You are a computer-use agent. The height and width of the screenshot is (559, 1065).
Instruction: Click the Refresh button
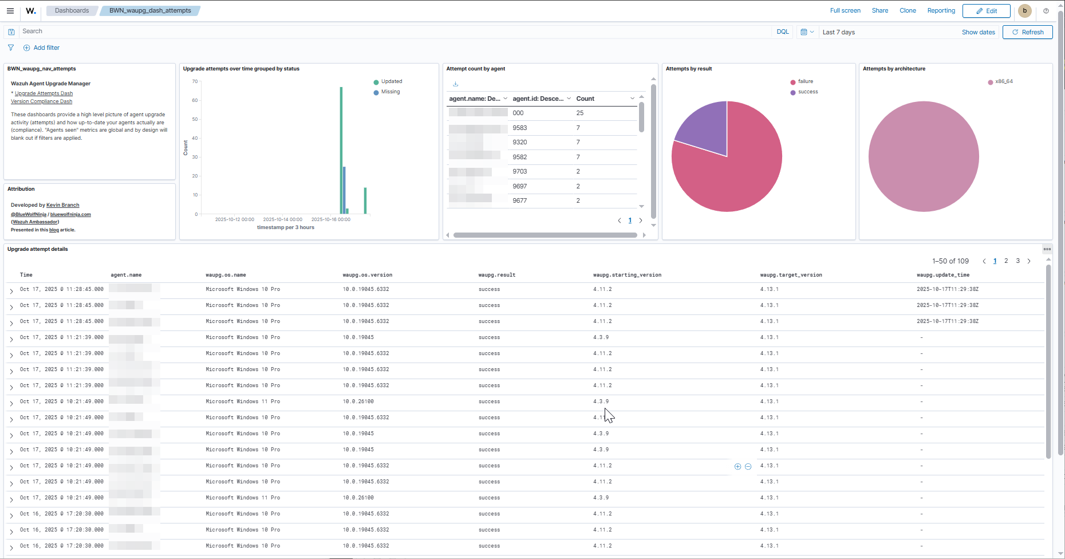pyautogui.click(x=1028, y=32)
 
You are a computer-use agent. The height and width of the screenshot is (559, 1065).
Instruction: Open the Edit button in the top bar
pyautogui.click(x=987, y=11)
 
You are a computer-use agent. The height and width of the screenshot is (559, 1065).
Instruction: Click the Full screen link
pyautogui.click(x=845, y=10)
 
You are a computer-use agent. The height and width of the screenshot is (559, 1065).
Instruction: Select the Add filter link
pyautogui.click(x=46, y=48)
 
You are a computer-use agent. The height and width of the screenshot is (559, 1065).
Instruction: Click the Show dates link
pyautogui.click(x=978, y=32)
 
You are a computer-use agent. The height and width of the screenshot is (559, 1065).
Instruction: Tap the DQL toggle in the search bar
pyautogui.click(x=782, y=32)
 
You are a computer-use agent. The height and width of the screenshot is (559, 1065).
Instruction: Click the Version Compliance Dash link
pyautogui.click(x=41, y=101)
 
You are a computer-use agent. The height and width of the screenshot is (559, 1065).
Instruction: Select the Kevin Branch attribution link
pyautogui.click(x=62, y=205)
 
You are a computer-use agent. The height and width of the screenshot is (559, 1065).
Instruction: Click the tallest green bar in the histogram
pyautogui.click(x=341, y=149)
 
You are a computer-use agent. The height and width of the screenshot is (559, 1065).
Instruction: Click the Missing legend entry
pyautogui.click(x=391, y=92)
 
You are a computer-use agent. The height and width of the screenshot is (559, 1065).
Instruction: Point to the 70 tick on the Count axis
pyautogui.click(x=195, y=81)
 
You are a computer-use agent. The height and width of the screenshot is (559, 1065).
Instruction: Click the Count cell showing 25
pyautogui.click(x=580, y=113)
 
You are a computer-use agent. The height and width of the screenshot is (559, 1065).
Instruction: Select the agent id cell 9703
pyautogui.click(x=520, y=171)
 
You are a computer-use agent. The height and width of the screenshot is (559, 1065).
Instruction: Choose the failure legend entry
pyautogui.click(x=805, y=81)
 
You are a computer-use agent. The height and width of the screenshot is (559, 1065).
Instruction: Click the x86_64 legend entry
pyautogui.click(x=1004, y=81)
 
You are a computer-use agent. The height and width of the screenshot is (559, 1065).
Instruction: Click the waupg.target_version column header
pyautogui.click(x=791, y=275)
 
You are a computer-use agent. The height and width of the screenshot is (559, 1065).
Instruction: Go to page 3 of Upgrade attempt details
pyautogui.click(x=1017, y=261)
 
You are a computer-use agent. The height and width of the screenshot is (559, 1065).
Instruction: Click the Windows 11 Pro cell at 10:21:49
pyautogui.click(x=243, y=401)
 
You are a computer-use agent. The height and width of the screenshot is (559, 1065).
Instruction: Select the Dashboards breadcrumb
pyautogui.click(x=72, y=10)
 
